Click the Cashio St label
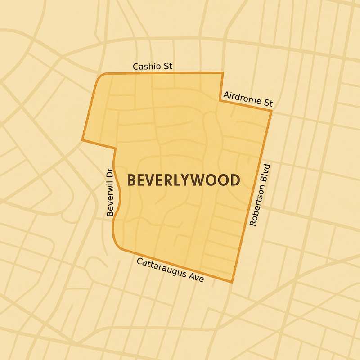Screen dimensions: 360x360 click(153, 67)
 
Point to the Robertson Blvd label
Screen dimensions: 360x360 click(261, 194)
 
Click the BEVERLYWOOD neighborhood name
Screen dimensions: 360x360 click(183, 180)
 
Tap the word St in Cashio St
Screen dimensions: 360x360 click(167, 67)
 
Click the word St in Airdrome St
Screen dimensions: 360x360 click(268, 103)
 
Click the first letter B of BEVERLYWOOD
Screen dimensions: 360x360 click(132, 180)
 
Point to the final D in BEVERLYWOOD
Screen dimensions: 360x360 click(234, 180)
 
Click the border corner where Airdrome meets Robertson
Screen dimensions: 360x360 click(271, 110)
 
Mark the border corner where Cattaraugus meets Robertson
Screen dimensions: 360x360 click(232, 282)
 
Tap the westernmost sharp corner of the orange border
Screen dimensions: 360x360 click(82, 140)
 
